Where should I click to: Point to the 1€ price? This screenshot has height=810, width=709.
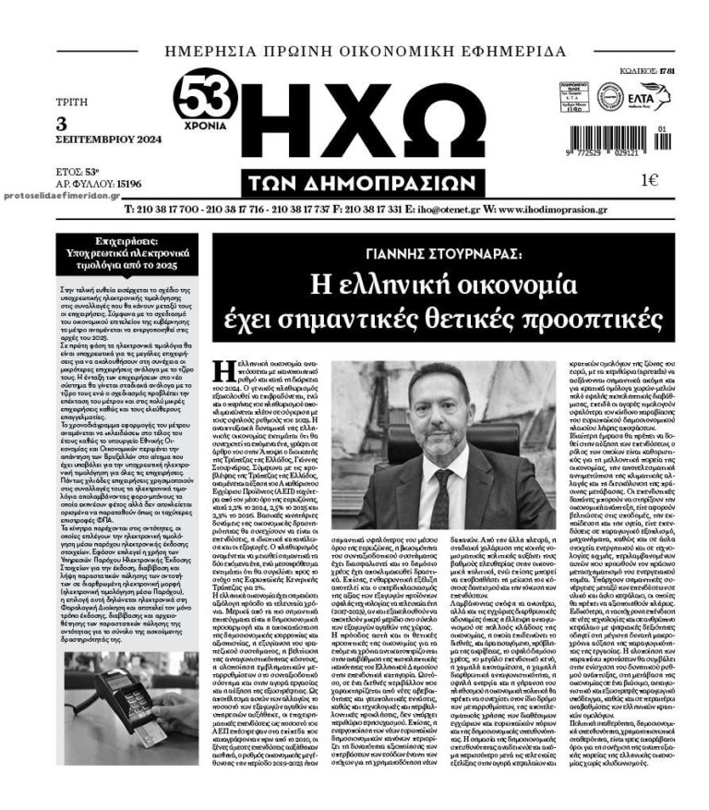(x=649, y=180)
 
